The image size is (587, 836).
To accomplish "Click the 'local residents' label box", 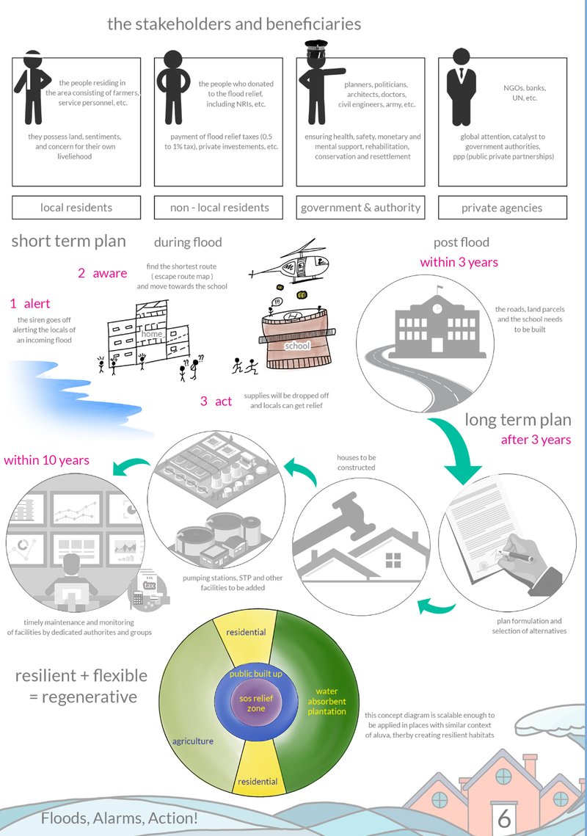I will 76,208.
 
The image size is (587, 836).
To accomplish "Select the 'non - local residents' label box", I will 219,208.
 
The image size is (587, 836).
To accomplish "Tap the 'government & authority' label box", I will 360,208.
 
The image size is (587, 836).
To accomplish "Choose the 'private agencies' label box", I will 502,208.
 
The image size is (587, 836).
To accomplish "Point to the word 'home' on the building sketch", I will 152,334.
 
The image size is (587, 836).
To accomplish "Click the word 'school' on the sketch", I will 297,345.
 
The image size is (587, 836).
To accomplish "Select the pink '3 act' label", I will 216,401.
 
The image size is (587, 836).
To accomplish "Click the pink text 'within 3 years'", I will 459,262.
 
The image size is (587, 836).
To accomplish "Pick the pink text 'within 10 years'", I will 46,461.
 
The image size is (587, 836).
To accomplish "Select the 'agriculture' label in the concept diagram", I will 192,741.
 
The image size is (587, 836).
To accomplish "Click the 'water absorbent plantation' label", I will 327,701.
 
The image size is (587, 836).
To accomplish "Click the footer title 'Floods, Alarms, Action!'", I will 119,818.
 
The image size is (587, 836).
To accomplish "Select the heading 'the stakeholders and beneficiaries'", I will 234,24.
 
